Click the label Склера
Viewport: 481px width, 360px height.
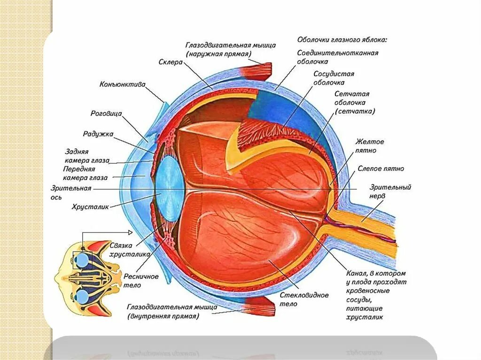click(x=170, y=61)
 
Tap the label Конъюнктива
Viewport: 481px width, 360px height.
click(x=122, y=85)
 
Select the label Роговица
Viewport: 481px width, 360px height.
click(x=106, y=114)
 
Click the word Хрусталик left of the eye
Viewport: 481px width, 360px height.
click(x=90, y=206)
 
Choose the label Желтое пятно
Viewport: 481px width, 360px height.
click(x=370, y=146)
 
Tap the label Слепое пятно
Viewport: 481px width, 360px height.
click(x=380, y=169)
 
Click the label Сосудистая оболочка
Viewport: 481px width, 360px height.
click(x=334, y=78)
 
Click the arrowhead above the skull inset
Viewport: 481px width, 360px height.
click(x=130, y=232)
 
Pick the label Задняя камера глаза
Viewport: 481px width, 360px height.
click(x=87, y=156)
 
